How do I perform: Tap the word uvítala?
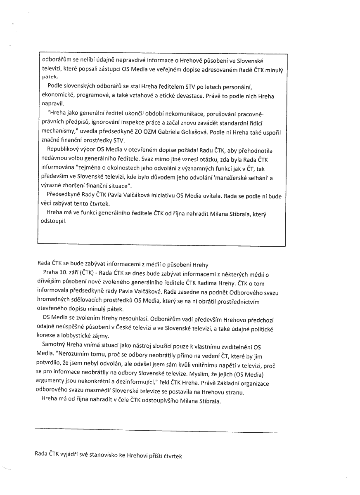coord(214,196)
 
